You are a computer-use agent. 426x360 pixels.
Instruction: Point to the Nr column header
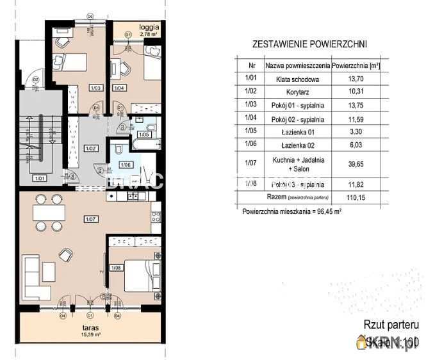pyautogui.click(x=250, y=65)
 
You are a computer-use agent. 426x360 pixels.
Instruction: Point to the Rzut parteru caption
pyautogui.click(x=391, y=325)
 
